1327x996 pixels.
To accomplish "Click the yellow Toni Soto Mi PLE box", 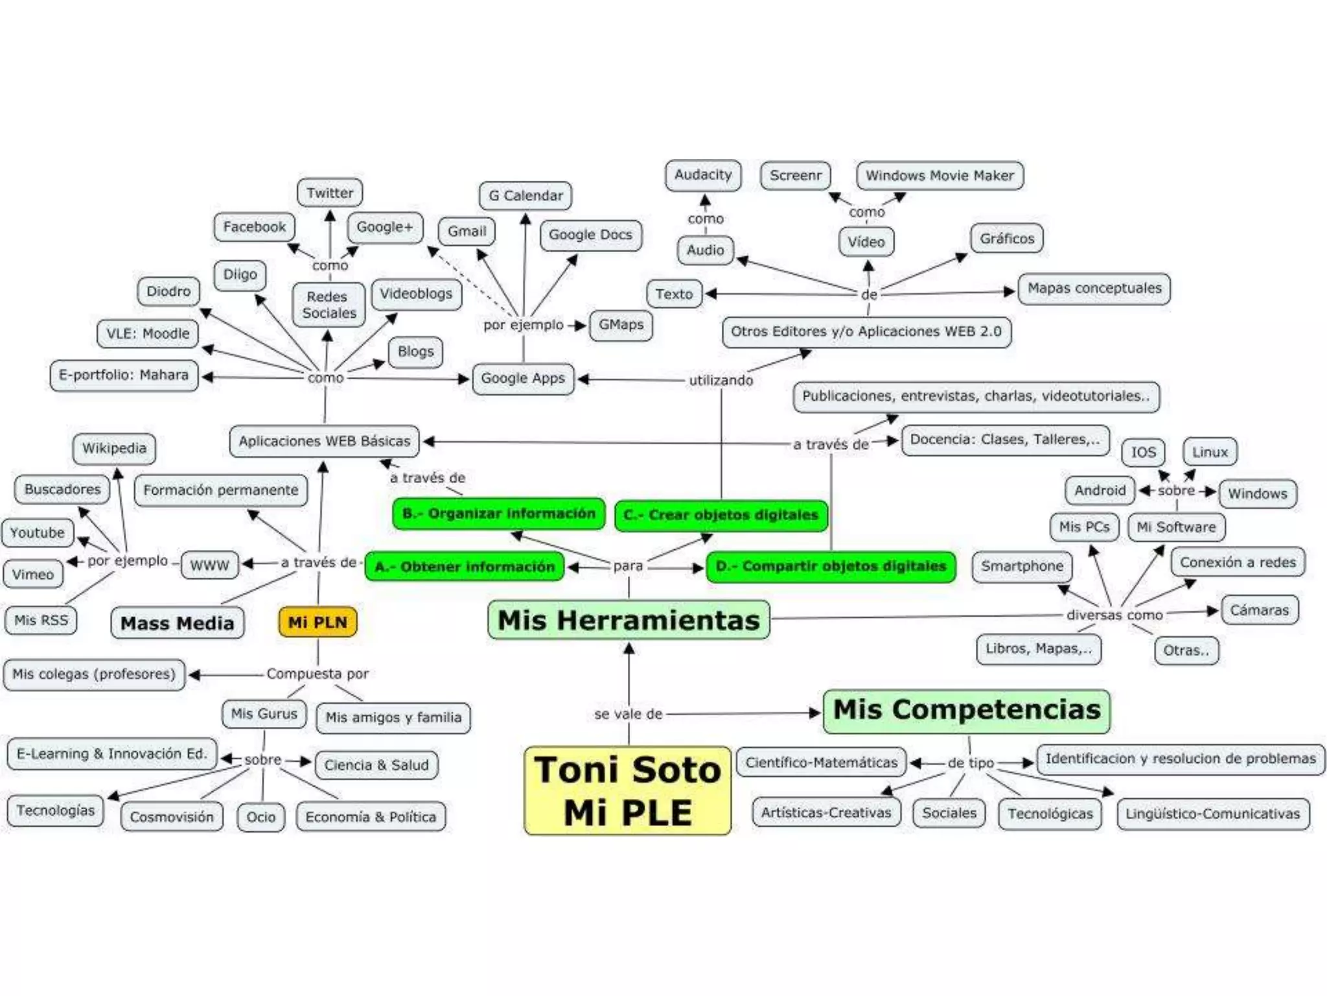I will [x=627, y=790].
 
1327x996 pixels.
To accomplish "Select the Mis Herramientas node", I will [x=629, y=620].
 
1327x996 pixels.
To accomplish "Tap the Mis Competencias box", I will [x=966, y=710].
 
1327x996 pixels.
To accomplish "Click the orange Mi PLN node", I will [x=317, y=622].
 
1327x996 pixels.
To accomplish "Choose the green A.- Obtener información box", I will [x=464, y=567].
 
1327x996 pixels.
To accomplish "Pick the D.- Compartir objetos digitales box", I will [x=831, y=566].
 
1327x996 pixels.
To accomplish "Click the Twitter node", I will [x=330, y=193].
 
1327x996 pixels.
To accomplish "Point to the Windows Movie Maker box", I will [x=940, y=176].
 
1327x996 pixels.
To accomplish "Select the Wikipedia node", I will [x=114, y=448].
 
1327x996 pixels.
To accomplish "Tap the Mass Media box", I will [x=177, y=623].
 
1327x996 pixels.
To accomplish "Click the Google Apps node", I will [x=522, y=378].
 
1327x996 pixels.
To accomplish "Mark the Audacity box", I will [x=702, y=175].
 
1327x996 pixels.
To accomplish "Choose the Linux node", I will [x=1210, y=452].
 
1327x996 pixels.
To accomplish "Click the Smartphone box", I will [x=1022, y=566].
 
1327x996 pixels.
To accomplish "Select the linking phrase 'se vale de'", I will [x=628, y=714].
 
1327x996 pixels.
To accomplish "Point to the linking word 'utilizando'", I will [x=721, y=380].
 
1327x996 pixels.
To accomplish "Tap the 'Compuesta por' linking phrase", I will [x=317, y=674].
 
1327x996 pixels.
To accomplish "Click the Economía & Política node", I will [x=371, y=817].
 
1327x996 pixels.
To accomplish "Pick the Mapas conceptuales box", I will [x=1094, y=289].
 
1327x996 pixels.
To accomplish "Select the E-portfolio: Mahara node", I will [x=124, y=375].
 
